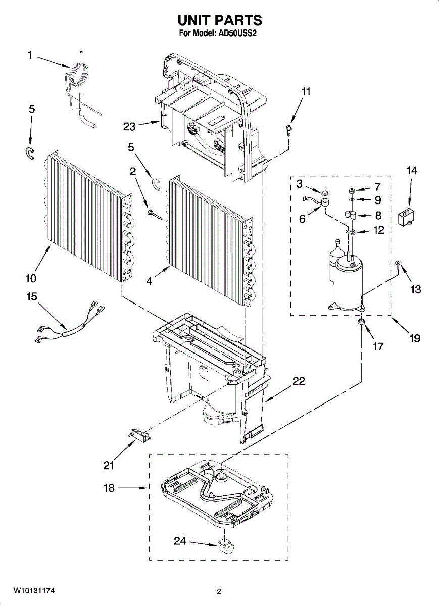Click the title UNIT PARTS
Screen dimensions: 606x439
(219, 20)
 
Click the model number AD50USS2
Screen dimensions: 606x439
(239, 34)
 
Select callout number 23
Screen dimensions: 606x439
(129, 126)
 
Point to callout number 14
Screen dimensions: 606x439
(412, 171)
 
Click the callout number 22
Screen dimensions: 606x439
(299, 382)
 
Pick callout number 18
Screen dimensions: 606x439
(109, 488)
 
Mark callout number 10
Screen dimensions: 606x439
(30, 278)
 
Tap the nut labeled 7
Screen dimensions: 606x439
(350, 190)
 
